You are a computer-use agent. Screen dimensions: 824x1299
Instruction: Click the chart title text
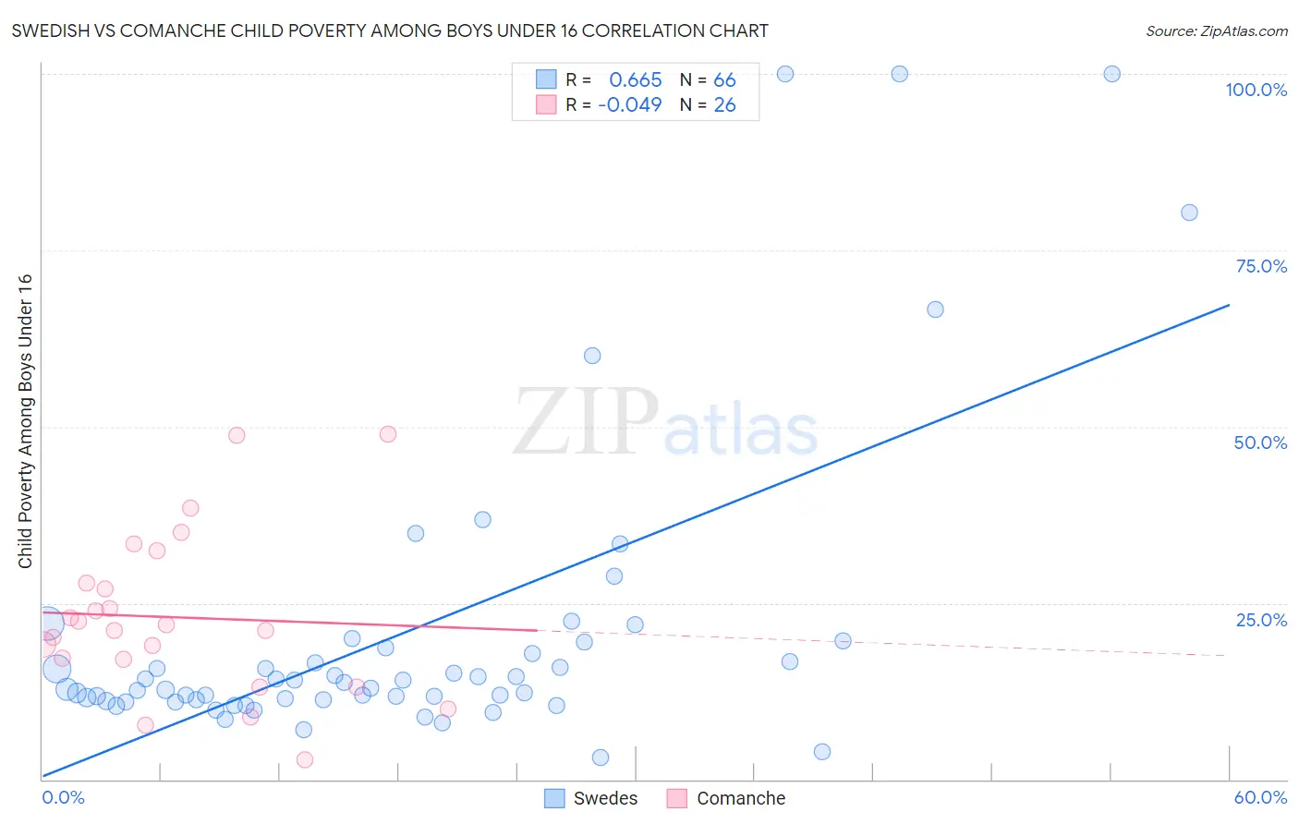click(390, 31)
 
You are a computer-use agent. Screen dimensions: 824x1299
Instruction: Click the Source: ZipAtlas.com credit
click(1216, 31)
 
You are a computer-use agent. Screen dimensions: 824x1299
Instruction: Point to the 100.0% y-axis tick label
click(1256, 90)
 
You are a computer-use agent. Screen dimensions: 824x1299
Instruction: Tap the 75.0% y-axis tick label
click(1261, 266)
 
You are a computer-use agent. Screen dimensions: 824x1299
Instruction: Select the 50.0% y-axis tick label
click(1260, 442)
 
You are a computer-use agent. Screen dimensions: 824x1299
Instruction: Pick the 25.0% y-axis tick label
click(1261, 620)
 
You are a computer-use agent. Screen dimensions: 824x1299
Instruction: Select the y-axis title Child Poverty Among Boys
click(25, 421)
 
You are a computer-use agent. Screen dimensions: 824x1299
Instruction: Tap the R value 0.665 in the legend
click(636, 80)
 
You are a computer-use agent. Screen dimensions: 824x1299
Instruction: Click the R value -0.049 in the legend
click(630, 105)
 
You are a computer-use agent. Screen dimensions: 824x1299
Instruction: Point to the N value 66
click(724, 80)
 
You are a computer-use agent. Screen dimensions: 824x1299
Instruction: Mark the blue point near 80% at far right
click(1189, 212)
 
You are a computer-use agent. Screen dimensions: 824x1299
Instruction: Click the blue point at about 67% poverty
click(935, 309)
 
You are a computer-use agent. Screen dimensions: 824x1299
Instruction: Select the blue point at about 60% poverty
click(592, 356)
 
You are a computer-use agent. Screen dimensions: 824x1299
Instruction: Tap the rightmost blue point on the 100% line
click(1112, 74)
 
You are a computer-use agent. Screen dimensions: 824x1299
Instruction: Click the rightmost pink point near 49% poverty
click(388, 434)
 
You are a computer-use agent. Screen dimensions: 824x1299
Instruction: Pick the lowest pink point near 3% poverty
click(305, 760)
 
